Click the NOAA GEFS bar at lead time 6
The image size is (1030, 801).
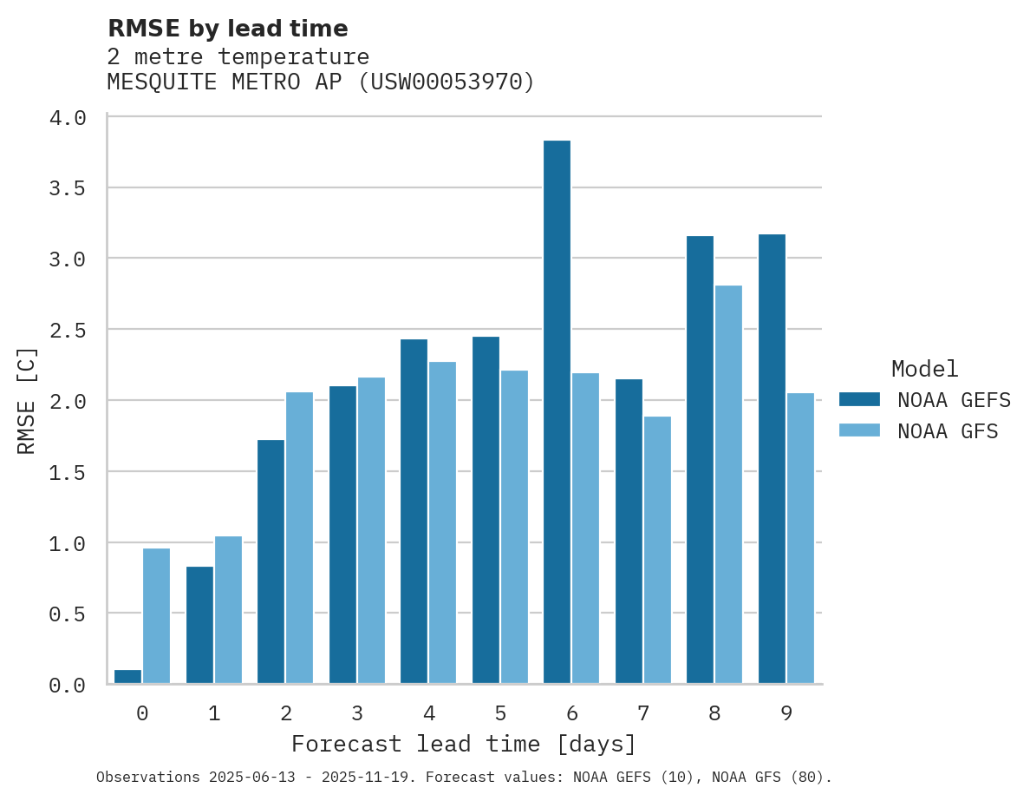coord(557,412)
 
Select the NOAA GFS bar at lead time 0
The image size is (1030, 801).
coord(156,616)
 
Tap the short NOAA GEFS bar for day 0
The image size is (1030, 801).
coord(127,677)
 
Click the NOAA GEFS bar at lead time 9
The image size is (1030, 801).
coord(772,459)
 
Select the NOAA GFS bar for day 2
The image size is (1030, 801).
coord(299,538)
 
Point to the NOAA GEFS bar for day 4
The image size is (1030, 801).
coord(414,511)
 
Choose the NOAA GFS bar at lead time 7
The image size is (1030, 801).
coord(656,550)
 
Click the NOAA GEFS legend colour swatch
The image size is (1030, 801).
coord(859,399)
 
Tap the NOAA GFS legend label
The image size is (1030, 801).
coord(948,431)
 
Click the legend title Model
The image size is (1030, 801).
coord(924,370)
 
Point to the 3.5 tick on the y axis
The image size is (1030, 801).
coord(68,188)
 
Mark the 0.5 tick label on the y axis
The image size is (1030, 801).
coord(68,614)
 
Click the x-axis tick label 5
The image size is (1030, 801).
coord(500,713)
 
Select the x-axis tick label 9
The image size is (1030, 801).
coord(786,713)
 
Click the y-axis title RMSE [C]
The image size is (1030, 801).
coord(28,400)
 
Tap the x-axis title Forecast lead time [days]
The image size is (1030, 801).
coord(464,745)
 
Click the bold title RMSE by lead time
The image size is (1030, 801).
coord(227,29)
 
